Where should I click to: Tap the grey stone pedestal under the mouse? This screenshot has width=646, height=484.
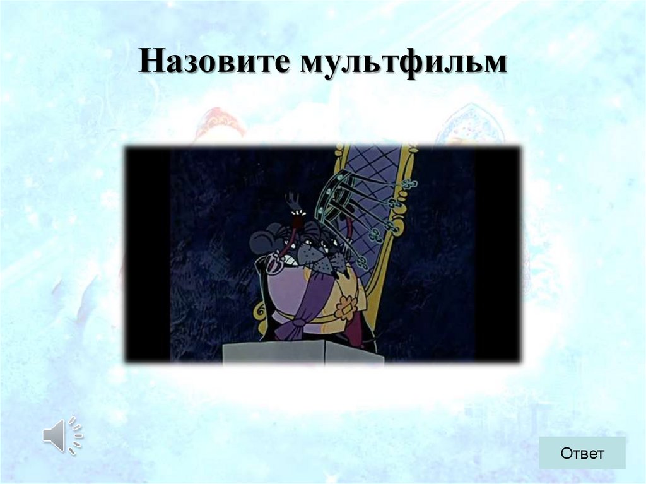[x=303, y=351]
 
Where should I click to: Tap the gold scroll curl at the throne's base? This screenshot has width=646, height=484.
[x=260, y=310]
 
